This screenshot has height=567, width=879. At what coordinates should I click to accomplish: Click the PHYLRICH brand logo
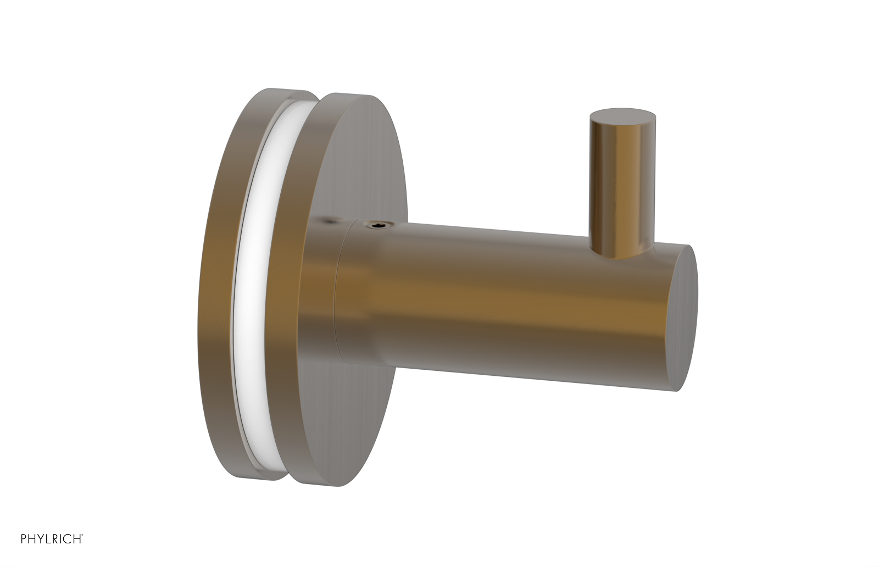tap(52, 539)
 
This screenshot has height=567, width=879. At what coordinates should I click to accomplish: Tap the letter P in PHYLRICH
tap(24, 539)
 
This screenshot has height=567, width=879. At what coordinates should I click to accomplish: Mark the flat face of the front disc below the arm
tap(357, 418)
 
